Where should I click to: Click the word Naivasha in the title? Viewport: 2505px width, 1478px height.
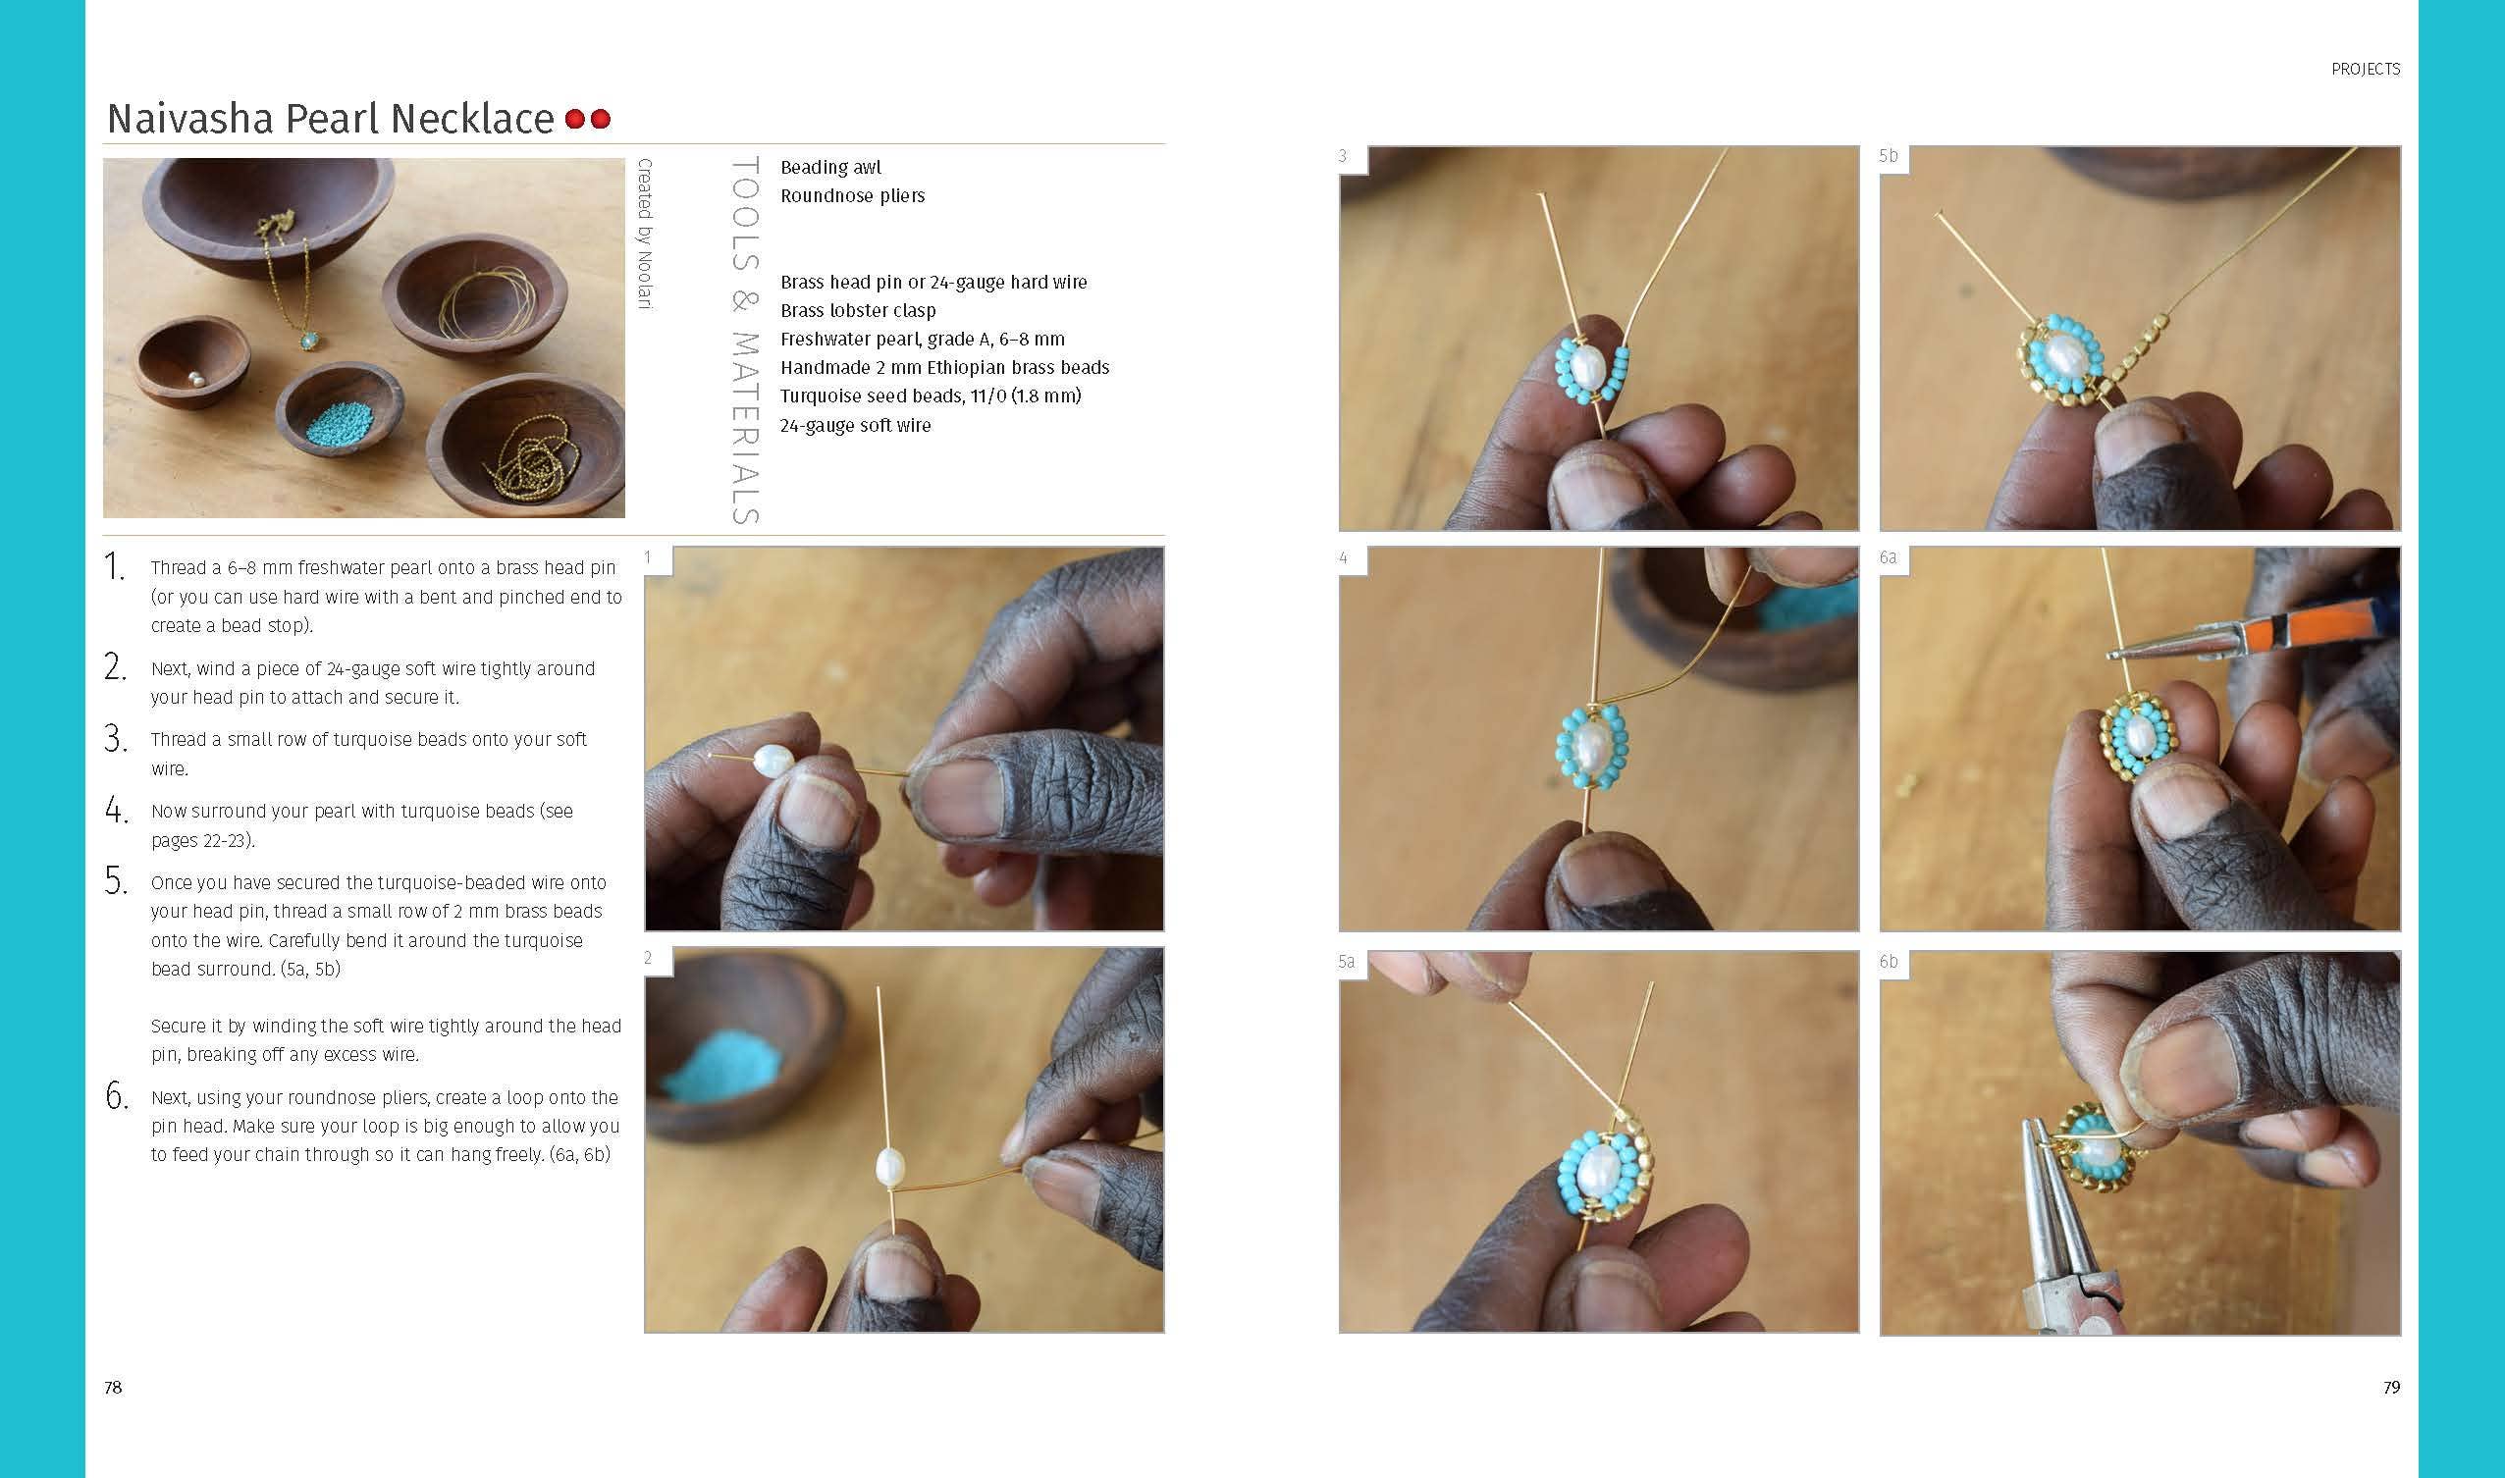[189, 119]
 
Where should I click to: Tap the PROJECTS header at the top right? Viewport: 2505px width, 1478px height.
[2366, 69]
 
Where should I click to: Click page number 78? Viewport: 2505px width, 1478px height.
[113, 1388]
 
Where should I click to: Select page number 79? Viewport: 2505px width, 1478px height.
[2390, 1388]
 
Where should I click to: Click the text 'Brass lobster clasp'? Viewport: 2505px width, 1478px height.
[858, 311]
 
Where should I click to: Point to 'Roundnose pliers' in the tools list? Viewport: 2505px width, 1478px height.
[853, 196]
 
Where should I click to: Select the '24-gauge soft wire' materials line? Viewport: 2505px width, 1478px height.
[856, 425]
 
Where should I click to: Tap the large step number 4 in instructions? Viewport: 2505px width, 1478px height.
[117, 811]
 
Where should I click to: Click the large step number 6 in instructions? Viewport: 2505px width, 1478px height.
[117, 1096]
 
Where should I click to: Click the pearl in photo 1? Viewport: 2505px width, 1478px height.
[773, 762]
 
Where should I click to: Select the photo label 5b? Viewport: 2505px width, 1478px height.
[1889, 156]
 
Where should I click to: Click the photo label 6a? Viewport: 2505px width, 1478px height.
[1889, 557]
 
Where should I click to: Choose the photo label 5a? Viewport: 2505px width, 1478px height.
[1347, 962]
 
